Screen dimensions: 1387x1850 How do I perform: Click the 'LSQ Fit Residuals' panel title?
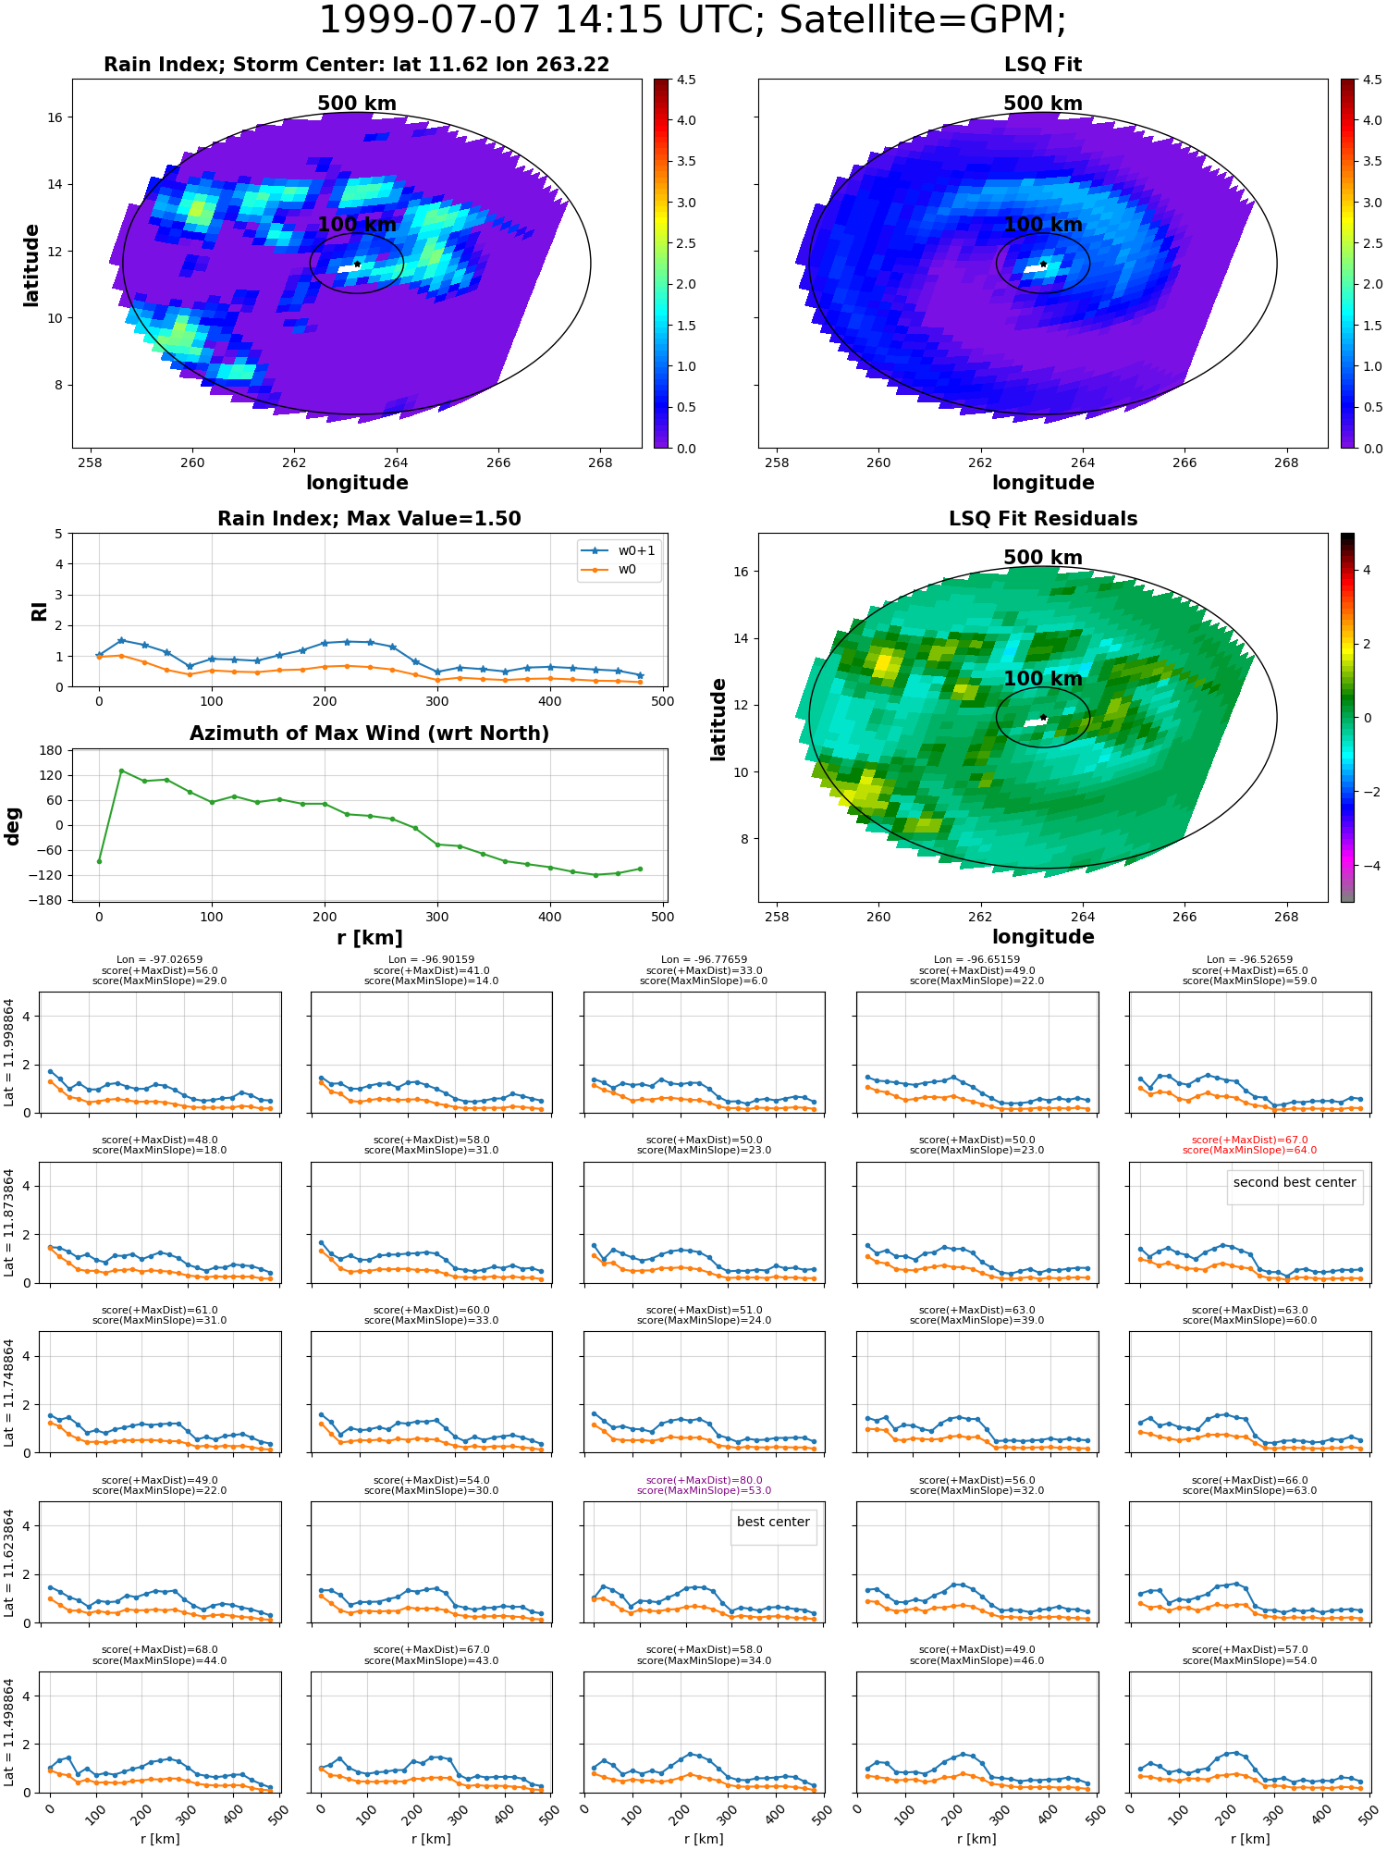pos(1043,519)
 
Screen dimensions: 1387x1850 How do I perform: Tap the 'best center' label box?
pos(773,1522)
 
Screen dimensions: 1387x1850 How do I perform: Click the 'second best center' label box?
pos(1295,1182)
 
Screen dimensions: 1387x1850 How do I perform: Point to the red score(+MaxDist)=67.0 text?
pos(1249,1141)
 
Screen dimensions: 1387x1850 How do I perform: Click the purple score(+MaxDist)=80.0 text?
pos(705,1480)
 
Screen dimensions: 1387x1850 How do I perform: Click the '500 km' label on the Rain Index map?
pos(357,104)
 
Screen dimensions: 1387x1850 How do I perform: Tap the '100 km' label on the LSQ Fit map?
pos(1043,225)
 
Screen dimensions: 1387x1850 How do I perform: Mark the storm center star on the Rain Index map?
pos(357,264)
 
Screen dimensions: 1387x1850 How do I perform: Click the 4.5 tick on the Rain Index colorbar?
pos(686,80)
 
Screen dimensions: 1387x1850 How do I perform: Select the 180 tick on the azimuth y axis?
pos(52,750)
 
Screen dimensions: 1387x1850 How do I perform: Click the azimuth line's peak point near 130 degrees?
pos(121,771)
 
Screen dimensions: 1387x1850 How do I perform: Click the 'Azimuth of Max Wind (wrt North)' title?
pos(370,734)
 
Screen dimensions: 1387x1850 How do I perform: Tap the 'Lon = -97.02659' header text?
pos(159,960)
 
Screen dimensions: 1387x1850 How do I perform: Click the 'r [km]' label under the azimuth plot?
pos(370,938)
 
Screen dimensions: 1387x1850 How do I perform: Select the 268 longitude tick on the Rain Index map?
pos(600,462)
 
